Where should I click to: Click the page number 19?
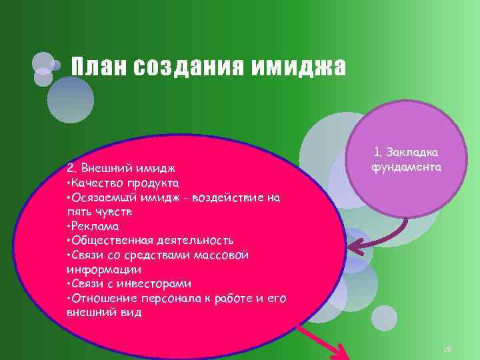(447, 350)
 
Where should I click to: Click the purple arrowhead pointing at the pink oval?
(355, 251)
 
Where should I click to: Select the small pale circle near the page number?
(384, 317)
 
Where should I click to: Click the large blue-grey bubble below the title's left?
(71, 100)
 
